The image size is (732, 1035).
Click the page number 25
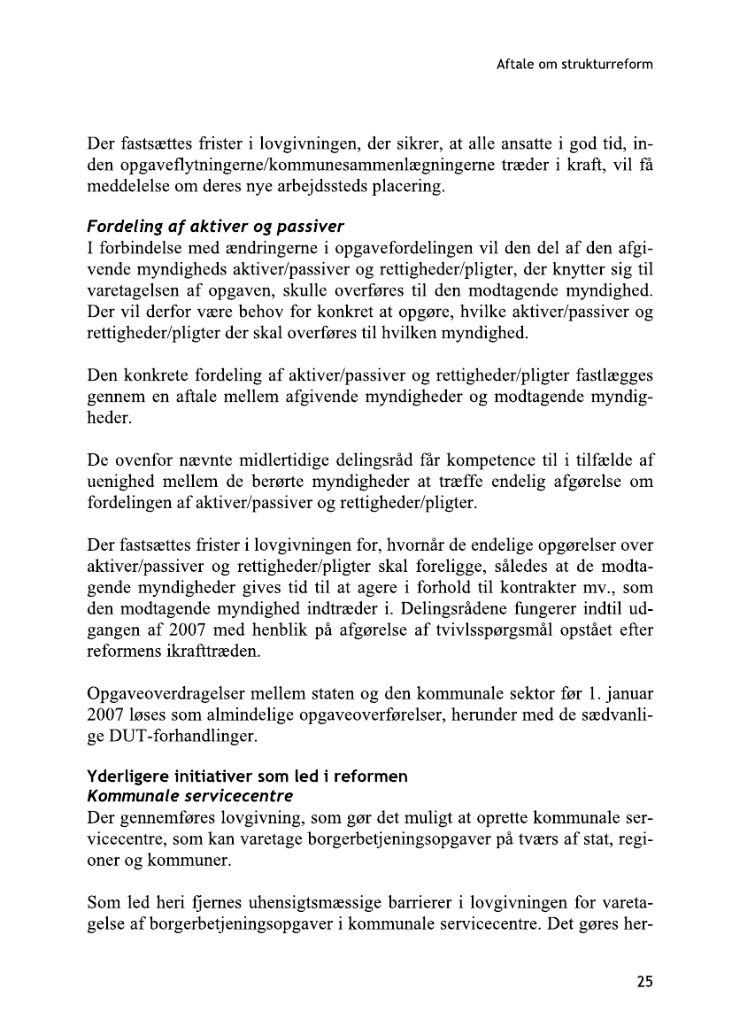(x=643, y=982)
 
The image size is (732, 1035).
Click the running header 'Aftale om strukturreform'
(x=574, y=65)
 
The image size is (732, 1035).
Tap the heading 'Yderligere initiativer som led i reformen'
(x=247, y=776)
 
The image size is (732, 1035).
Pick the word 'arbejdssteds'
(x=312, y=189)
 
